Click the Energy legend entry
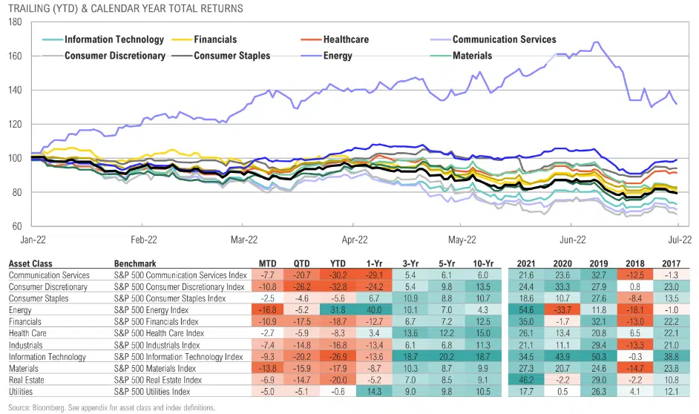click(x=338, y=55)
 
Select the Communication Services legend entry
click(x=504, y=39)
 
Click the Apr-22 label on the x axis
click(x=355, y=240)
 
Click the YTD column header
click(x=339, y=263)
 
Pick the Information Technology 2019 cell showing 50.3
click(x=598, y=357)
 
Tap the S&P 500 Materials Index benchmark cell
click(x=163, y=367)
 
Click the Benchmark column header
click(x=135, y=263)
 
